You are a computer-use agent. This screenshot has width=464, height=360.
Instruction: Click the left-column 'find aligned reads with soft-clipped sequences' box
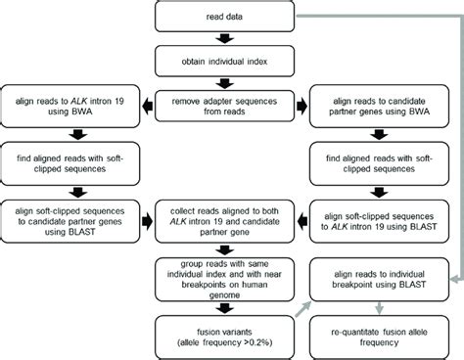[x=69, y=160]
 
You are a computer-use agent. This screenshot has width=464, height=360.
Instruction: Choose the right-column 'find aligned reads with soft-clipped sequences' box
[x=386, y=160]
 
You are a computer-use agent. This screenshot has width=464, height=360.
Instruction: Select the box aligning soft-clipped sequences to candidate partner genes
[x=69, y=215]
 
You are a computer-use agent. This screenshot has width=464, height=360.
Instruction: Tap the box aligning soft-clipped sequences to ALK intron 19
[x=386, y=215]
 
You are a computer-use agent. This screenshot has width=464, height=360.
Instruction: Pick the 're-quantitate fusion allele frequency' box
[x=386, y=333]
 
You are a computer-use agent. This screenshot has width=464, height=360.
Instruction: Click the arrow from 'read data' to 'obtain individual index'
[x=227, y=40]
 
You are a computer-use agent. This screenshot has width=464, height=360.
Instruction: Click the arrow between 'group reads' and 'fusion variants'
[x=227, y=306]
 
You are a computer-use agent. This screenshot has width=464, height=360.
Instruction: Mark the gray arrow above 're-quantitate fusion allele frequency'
[x=386, y=306]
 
